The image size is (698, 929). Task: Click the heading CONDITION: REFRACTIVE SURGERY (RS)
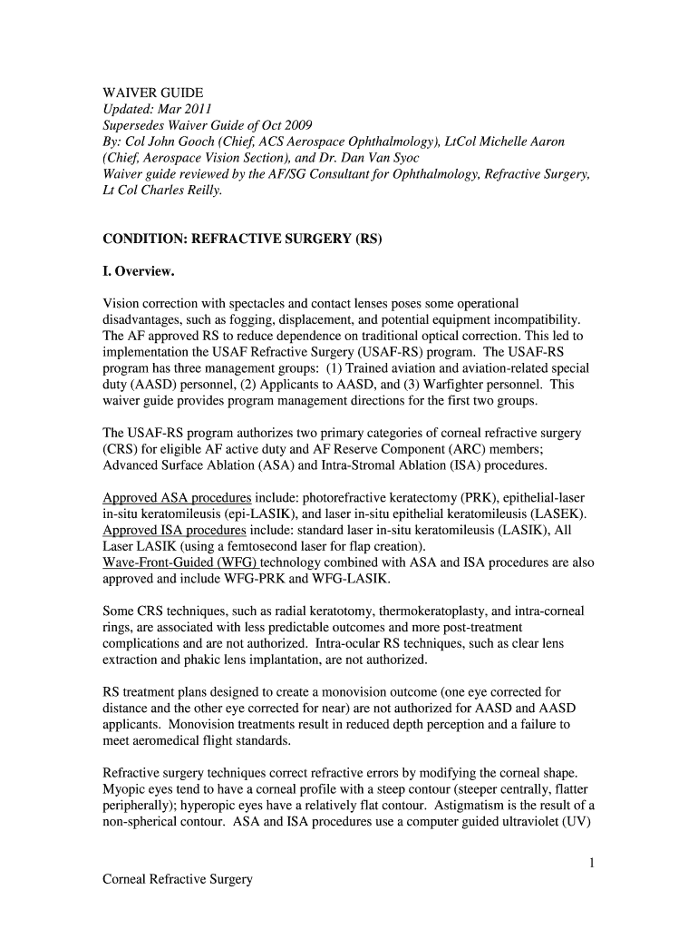[242, 240]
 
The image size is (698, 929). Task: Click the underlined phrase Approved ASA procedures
[177, 498]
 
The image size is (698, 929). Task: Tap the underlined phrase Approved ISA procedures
[174, 530]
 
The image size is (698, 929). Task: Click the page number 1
[591, 864]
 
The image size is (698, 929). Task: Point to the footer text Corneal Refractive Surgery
[177, 880]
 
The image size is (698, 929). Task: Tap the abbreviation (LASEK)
[557, 513]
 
